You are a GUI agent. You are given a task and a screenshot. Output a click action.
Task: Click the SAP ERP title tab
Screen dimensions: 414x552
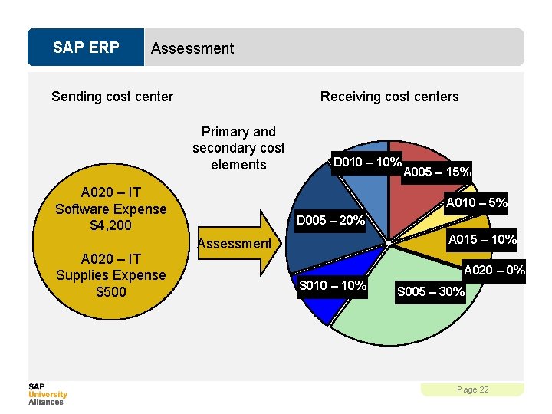tap(86, 48)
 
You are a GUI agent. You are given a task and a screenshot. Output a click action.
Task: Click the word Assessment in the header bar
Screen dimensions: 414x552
tap(192, 48)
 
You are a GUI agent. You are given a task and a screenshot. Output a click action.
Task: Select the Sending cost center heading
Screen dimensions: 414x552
tap(112, 97)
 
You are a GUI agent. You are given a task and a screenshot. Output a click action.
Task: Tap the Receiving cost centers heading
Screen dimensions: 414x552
tap(389, 97)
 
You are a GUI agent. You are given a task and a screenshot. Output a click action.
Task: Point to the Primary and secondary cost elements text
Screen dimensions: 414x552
tap(238, 148)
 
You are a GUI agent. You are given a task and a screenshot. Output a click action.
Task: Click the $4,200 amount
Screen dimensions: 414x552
tap(110, 225)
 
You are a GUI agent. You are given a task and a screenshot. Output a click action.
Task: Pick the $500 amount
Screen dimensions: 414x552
tap(110, 291)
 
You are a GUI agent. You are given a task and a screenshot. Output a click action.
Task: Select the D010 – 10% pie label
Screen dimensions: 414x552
tap(367, 163)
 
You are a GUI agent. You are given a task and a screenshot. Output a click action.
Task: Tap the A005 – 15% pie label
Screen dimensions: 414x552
tap(437, 172)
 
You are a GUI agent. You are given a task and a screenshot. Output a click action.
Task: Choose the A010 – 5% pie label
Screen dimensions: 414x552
tap(478, 203)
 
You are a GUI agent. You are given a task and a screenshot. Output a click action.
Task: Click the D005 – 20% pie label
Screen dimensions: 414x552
tap(330, 221)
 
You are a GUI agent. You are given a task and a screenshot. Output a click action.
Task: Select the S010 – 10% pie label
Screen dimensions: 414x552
tap(333, 286)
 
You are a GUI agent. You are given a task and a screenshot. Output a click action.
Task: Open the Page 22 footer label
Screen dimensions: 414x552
tap(472, 389)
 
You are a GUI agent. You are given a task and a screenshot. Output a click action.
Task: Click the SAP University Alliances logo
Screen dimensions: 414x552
tap(48, 393)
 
